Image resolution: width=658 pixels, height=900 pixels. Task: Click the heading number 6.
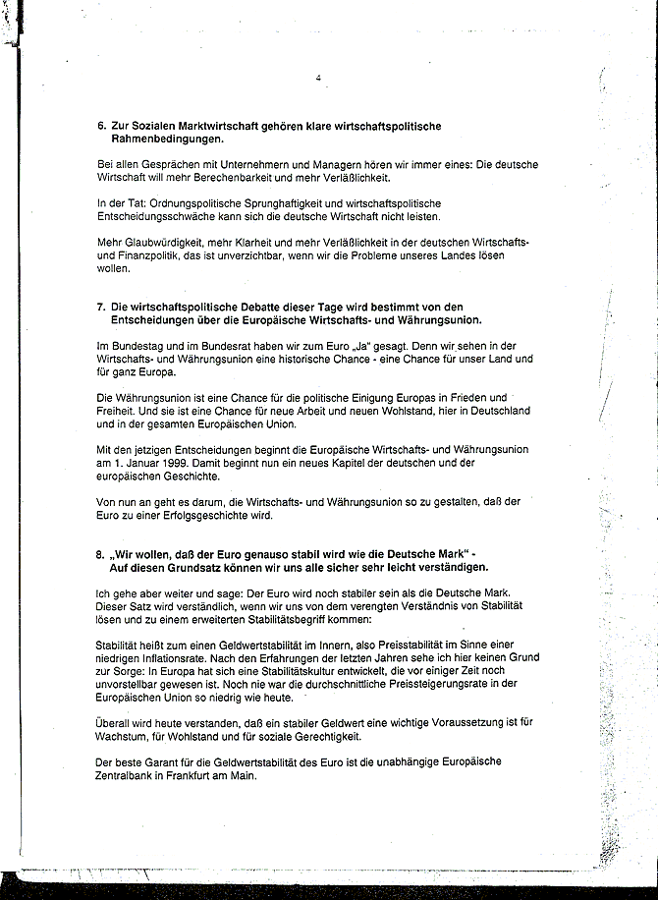pyautogui.click(x=101, y=127)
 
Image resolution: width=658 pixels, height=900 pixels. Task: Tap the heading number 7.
pyautogui.click(x=101, y=307)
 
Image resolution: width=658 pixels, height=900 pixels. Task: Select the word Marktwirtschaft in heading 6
pyautogui.click(x=206, y=127)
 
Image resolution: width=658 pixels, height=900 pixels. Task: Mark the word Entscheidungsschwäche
pyautogui.click(x=158, y=216)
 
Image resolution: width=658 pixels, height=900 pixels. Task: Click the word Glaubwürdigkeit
pyautogui.click(x=157, y=242)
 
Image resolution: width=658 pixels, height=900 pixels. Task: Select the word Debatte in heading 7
pyautogui.click(x=278, y=307)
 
